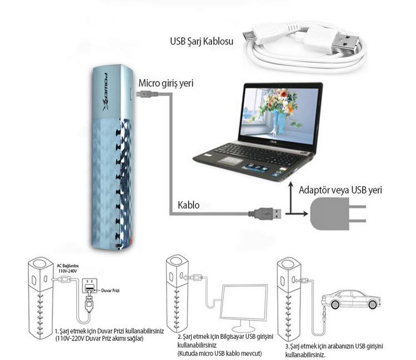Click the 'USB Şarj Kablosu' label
[x=202, y=42]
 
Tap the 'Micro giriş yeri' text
[x=166, y=83]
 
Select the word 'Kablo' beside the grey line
[x=188, y=205]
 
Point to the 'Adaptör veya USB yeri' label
[x=340, y=190]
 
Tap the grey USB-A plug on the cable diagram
[x=265, y=213]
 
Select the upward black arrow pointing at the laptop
[x=291, y=197]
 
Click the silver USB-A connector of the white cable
[x=344, y=43]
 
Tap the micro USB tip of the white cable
[x=249, y=36]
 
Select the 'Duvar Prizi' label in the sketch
[x=111, y=291]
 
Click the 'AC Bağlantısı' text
[x=68, y=266]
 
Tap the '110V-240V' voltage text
[x=68, y=271]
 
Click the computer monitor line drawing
[x=244, y=308]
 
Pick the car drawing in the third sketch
[x=350, y=299]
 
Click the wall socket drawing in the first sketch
[x=89, y=286]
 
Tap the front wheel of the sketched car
[x=334, y=304]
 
